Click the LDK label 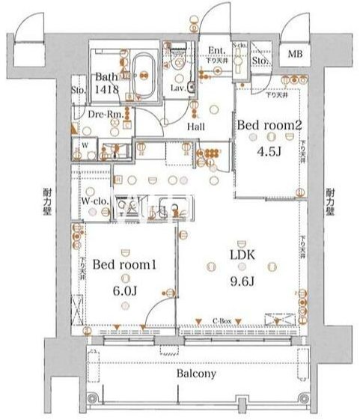point(242,255)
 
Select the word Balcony point(197,374)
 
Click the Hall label point(196,127)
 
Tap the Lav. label point(178,88)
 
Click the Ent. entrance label point(217,50)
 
